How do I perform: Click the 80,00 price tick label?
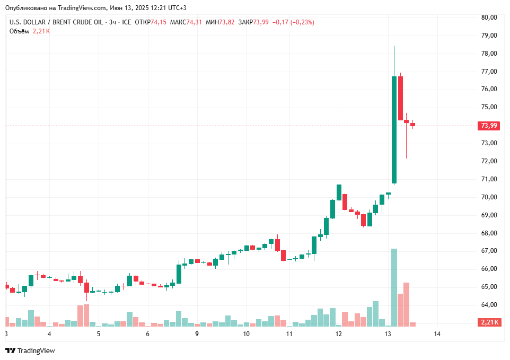coord(489,17)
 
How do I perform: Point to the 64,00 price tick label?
coord(489,305)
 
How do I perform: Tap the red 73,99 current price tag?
coord(488,126)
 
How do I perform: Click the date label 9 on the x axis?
coord(197,334)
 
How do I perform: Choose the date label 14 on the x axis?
coord(437,334)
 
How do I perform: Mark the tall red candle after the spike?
coord(401,98)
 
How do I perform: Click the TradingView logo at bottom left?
coord(30,350)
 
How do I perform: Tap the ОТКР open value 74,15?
coord(158,22)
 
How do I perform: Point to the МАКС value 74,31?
coord(194,22)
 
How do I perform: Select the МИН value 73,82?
coord(227,22)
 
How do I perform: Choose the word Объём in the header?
coord(19,31)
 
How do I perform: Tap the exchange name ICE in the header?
coord(126,22)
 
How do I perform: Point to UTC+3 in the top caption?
coord(175,8)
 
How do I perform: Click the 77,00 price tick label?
coord(489,71)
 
